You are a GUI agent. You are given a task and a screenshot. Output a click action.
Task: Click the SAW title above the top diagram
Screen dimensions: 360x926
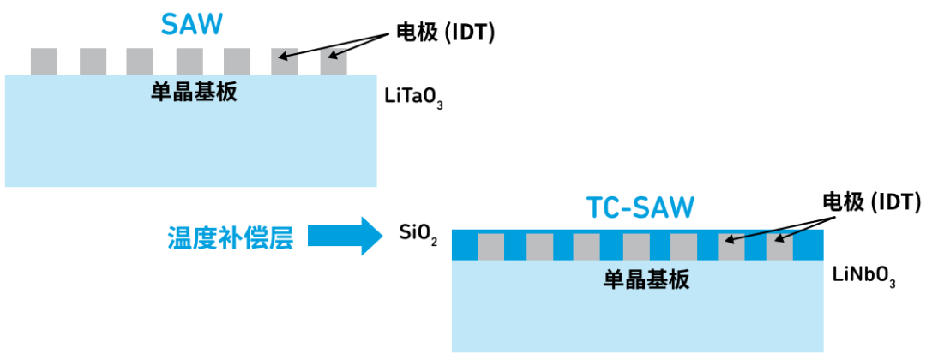click(x=194, y=23)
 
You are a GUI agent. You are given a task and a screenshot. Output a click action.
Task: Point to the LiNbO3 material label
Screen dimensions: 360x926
click(x=863, y=277)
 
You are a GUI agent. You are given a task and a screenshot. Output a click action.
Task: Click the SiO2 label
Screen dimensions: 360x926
click(x=418, y=232)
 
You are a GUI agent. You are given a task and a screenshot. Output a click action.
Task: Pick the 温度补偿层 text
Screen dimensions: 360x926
click(x=230, y=237)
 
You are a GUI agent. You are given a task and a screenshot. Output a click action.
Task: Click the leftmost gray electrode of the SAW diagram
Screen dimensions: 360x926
click(x=44, y=61)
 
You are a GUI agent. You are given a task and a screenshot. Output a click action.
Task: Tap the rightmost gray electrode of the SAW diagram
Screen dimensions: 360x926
click(x=334, y=61)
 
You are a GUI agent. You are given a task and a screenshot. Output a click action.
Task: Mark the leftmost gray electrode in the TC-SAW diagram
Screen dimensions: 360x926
click(x=491, y=247)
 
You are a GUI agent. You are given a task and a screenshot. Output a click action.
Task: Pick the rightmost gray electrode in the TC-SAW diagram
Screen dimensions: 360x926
click(x=779, y=247)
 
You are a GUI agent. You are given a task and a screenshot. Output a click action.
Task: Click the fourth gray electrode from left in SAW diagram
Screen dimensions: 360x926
click(x=189, y=61)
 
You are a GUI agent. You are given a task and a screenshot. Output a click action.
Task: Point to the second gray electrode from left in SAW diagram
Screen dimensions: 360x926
click(x=93, y=61)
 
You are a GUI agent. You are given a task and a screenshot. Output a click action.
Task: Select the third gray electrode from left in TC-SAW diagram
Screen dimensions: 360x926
click(x=587, y=247)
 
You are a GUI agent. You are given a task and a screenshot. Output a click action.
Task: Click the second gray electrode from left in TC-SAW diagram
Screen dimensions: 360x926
click(x=539, y=247)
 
